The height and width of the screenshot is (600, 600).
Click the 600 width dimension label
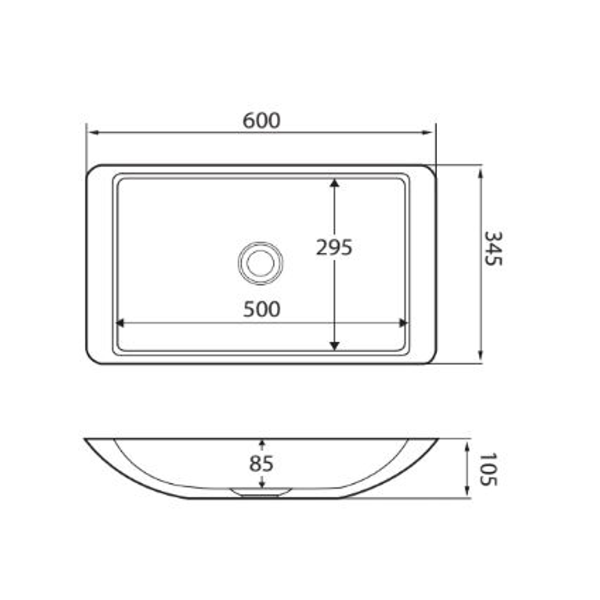pyautogui.click(x=262, y=121)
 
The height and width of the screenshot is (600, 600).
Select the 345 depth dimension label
pyautogui.click(x=493, y=248)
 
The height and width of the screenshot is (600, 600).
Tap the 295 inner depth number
pyautogui.click(x=334, y=247)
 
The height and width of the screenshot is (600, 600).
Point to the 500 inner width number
pyautogui.click(x=262, y=310)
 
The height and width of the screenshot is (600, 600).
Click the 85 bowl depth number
pyautogui.click(x=262, y=463)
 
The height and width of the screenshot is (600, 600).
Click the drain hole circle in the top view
pyautogui.click(x=261, y=263)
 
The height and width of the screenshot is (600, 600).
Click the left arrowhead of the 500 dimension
pyautogui.click(x=119, y=323)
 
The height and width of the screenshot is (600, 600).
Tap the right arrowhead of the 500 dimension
pyautogui.click(x=404, y=323)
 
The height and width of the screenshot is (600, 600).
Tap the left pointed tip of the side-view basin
pyautogui.click(x=86, y=439)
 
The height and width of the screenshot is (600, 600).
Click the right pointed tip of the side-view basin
pyautogui.click(x=437, y=439)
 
